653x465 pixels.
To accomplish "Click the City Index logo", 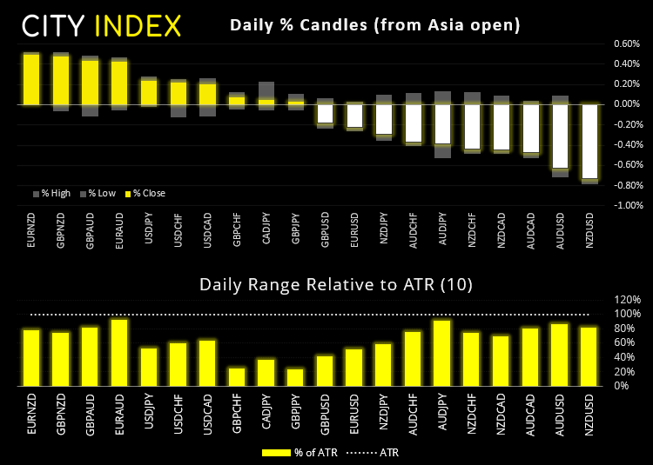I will click(101, 25).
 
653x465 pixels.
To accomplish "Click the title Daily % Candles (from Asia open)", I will click(374, 25).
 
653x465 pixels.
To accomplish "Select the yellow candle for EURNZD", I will click(31, 79).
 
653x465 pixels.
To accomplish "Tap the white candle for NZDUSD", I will click(589, 141).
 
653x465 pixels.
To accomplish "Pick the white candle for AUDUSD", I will click(560, 136).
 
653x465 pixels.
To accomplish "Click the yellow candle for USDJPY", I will click(149, 92).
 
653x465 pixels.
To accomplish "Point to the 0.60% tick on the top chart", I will click(627, 43).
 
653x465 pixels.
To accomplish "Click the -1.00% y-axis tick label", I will click(626, 206).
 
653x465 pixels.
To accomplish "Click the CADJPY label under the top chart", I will click(266, 235).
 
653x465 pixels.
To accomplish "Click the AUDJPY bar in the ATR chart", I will click(442, 353).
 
